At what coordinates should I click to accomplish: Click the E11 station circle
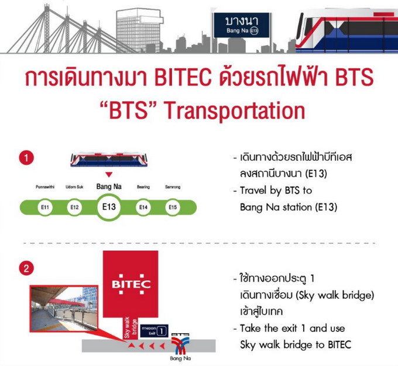tap(45, 207)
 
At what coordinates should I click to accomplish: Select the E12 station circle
tap(74, 207)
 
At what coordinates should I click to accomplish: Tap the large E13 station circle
tap(109, 207)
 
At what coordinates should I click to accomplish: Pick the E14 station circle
tap(143, 207)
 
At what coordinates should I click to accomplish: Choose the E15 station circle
tap(173, 207)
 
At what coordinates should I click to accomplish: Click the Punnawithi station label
tap(45, 187)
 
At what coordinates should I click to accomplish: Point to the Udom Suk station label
tap(74, 187)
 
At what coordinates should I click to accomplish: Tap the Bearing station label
tap(143, 187)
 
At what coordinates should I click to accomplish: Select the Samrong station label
tap(173, 187)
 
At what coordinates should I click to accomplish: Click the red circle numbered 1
tap(26, 158)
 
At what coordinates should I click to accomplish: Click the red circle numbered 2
tap(26, 268)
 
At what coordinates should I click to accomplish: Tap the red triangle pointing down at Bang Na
tap(109, 174)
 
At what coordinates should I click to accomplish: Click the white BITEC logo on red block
tap(132, 284)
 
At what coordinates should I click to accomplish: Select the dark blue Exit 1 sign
tap(155, 331)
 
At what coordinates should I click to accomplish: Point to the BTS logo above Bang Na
tap(180, 343)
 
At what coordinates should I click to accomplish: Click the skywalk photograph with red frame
tap(64, 309)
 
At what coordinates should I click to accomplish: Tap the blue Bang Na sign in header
tap(241, 25)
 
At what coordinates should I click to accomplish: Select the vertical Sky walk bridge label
tap(131, 327)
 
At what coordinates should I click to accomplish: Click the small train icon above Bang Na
tap(109, 160)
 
